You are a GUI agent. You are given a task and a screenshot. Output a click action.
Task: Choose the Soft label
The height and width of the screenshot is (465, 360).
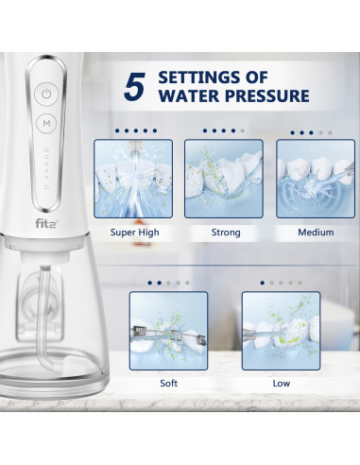[x=168, y=383]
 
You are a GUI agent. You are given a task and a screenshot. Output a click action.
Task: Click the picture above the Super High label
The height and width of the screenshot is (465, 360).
[x=133, y=180]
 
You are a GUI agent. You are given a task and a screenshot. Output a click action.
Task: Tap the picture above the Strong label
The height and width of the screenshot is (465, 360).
[x=223, y=180]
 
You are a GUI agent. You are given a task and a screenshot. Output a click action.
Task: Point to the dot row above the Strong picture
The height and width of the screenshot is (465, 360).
[x=223, y=130]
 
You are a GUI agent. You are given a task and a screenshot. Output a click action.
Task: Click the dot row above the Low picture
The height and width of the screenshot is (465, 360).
[x=281, y=282]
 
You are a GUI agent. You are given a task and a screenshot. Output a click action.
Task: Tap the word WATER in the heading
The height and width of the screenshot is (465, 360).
[x=188, y=95]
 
